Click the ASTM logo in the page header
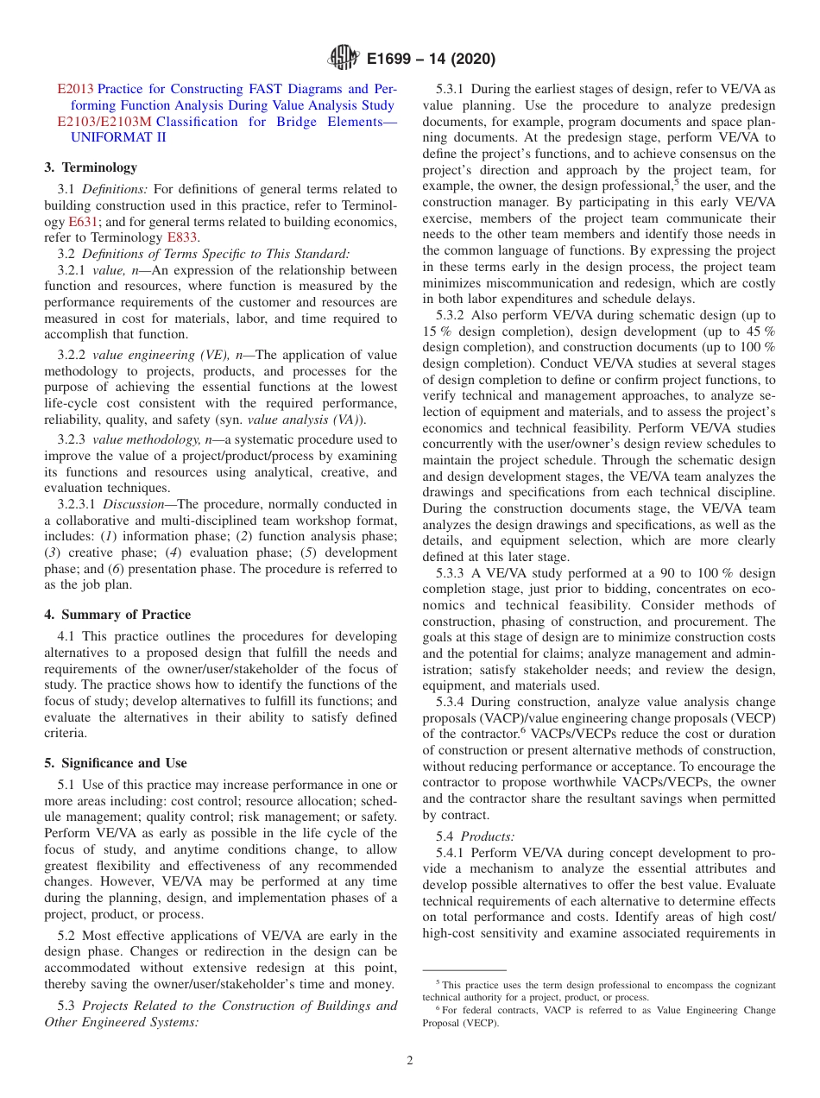[344, 59]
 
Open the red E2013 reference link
[75, 89]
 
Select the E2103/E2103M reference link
[104, 122]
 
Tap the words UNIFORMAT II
[118, 137]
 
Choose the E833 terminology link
[182, 237]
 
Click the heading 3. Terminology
[91, 167]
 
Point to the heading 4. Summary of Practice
[117, 615]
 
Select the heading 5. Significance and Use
[116, 763]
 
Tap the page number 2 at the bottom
[410, 1061]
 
